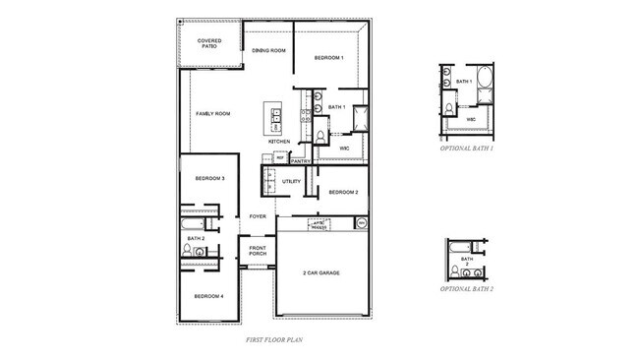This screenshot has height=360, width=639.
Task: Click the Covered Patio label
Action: click(x=208, y=43)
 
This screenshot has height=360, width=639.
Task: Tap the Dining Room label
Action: click(x=268, y=50)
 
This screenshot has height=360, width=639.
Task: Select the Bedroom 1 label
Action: click(x=328, y=58)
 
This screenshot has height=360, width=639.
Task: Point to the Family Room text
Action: click(x=212, y=114)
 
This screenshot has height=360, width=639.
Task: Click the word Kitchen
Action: click(x=279, y=142)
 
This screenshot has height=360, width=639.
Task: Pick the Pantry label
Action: click(x=301, y=160)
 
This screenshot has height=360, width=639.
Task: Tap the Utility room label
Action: click(x=291, y=181)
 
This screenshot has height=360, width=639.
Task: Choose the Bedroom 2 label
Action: click(x=342, y=192)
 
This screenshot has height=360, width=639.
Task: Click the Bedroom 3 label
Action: click(x=209, y=178)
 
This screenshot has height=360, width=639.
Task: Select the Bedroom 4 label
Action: click(x=209, y=296)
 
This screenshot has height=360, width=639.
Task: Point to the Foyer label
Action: click(x=258, y=216)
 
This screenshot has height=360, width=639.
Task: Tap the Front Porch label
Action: click(x=258, y=251)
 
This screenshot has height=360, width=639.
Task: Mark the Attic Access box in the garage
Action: click(x=319, y=224)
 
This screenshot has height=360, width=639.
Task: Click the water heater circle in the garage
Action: click(x=361, y=224)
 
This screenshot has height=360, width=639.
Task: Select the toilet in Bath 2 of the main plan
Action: click(x=187, y=252)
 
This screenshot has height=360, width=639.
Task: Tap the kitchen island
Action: click(x=274, y=118)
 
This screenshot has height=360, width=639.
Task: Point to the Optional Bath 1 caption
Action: click(x=467, y=148)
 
